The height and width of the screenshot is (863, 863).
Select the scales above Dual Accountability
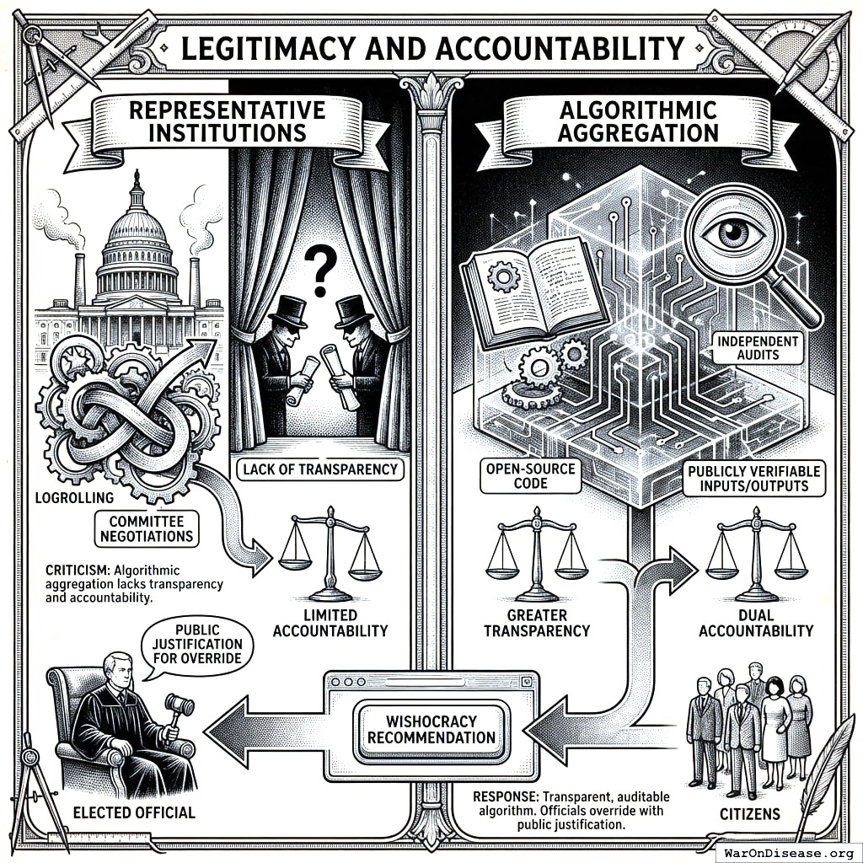click(x=756, y=552)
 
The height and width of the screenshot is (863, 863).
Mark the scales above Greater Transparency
click(x=536, y=552)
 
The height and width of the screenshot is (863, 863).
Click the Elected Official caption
click(x=133, y=812)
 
